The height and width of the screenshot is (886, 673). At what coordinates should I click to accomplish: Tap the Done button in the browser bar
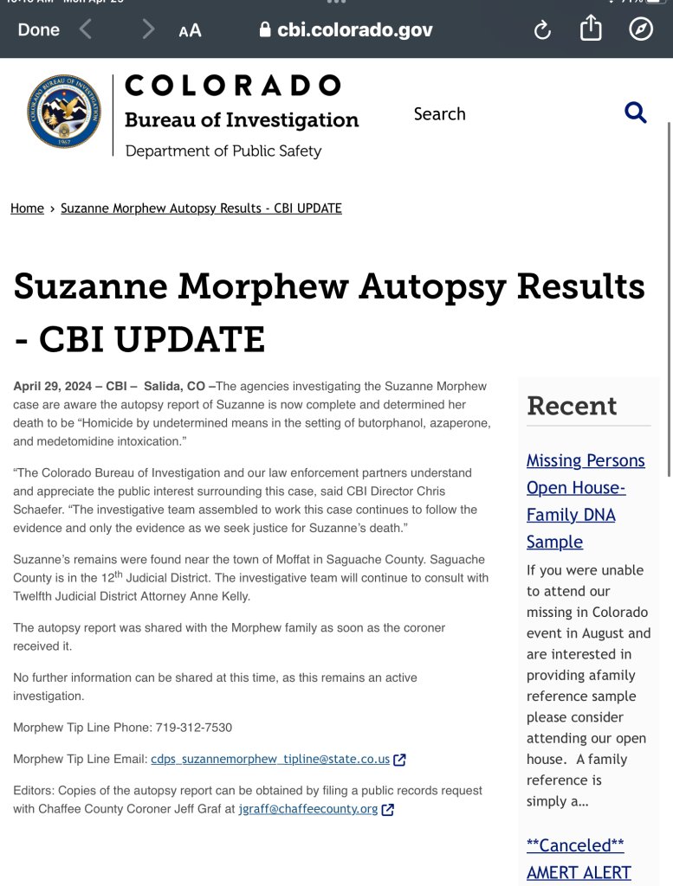click(x=39, y=29)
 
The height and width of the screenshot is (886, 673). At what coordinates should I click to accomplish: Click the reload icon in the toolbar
click(x=542, y=30)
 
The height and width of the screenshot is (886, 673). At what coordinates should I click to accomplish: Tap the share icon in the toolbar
click(x=591, y=29)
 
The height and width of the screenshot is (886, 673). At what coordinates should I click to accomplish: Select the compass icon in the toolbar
click(x=640, y=29)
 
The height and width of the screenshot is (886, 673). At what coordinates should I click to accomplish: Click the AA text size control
click(x=190, y=30)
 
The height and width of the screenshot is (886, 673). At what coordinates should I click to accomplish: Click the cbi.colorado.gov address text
click(x=355, y=30)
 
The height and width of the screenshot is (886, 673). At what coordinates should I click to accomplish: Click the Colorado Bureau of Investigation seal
click(x=64, y=112)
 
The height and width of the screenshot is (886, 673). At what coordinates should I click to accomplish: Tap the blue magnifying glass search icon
click(x=636, y=112)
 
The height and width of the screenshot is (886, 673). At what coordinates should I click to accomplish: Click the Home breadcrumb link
click(x=27, y=209)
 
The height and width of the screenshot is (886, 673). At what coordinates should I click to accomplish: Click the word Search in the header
click(x=439, y=114)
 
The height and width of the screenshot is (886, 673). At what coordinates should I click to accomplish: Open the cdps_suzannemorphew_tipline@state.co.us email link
click(x=270, y=760)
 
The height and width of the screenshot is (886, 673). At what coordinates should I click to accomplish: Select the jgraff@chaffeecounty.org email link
click(x=307, y=810)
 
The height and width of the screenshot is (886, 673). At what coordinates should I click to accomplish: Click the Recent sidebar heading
click(x=572, y=406)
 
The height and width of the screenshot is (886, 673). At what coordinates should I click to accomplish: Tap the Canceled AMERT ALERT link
click(x=578, y=858)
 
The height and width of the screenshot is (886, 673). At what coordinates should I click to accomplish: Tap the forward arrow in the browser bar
click(x=148, y=30)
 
